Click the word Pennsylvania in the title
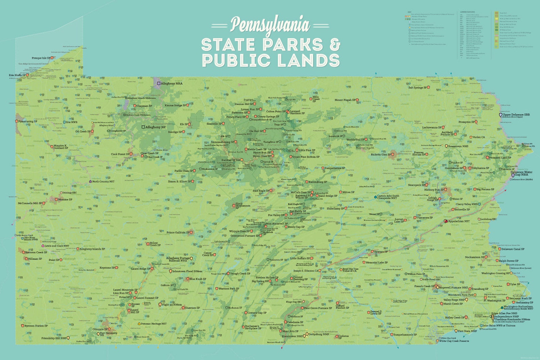(x=270, y=25)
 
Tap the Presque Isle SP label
(x=41, y=58)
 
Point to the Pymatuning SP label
(x=28, y=121)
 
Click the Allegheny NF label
(x=155, y=127)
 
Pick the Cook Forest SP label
(x=120, y=154)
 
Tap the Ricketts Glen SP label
(x=381, y=154)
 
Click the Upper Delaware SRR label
(x=516, y=115)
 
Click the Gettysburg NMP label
(x=319, y=334)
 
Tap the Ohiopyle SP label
(x=100, y=329)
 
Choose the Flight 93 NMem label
(x=172, y=305)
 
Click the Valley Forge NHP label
(x=454, y=300)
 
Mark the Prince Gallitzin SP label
(x=178, y=233)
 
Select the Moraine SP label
(x=65, y=199)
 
